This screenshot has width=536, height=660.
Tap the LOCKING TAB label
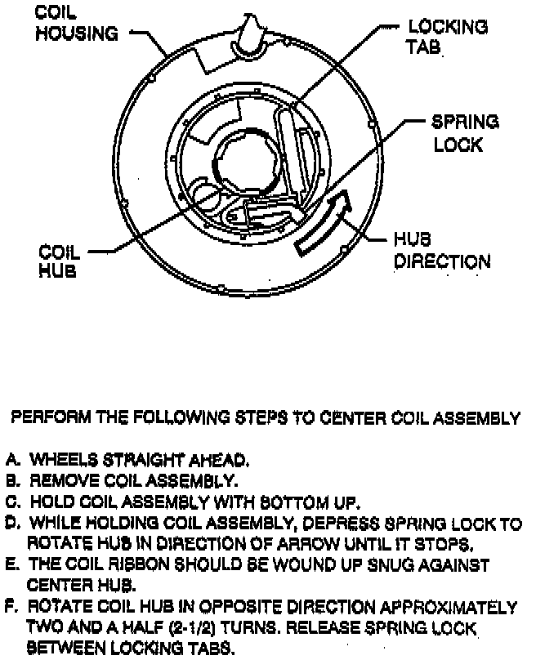point(446,37)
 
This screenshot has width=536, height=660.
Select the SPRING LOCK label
point(464,133)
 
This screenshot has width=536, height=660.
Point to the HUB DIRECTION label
point(442,251)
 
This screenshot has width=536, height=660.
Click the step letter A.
point(12,460)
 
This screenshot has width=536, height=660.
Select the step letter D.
point(12,524)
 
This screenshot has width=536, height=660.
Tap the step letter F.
point(12,608)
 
